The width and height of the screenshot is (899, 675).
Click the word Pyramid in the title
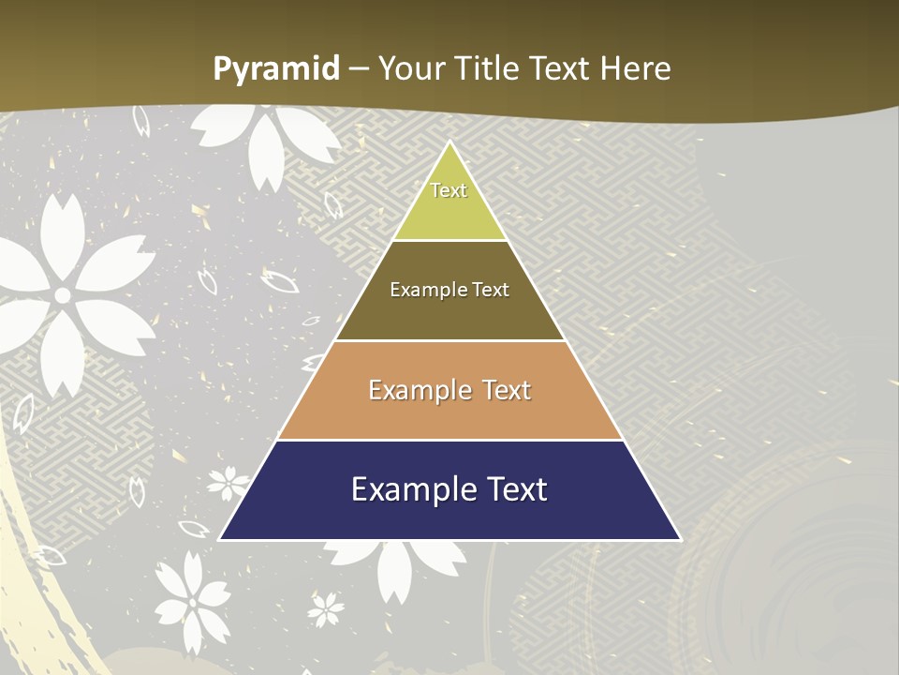click(275, 69)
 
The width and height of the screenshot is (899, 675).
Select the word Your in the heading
click(413, 68)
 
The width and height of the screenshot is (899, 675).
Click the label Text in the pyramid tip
click(449, 190)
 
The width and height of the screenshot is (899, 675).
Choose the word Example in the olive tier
click(430, 290)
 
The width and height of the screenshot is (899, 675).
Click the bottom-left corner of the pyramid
click(219, 540)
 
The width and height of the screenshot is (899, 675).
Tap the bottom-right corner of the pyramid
click(681, 540)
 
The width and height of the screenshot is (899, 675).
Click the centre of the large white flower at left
click(63, 295)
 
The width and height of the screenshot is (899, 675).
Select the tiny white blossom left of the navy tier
click(228, 483)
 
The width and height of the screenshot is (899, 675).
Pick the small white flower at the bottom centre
click(326, 608)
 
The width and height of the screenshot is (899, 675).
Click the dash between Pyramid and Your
click(359, 69)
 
